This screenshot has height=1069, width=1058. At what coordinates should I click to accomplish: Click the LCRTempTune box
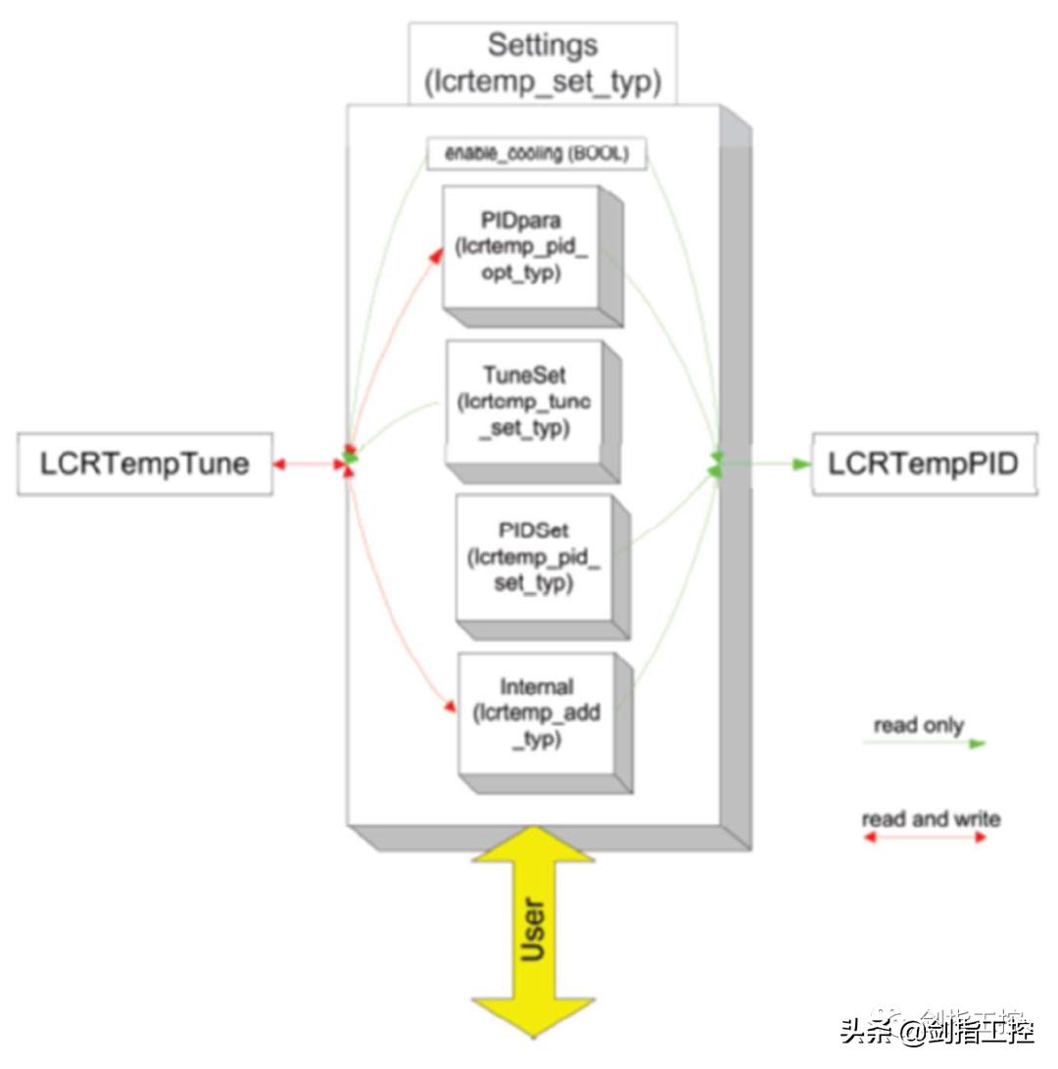(144, 464)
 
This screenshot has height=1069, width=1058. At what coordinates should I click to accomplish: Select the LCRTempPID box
(924, 464)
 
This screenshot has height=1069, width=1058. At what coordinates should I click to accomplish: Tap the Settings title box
(542, 63)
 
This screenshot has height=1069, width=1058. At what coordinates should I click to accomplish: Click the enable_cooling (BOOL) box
(537, 154)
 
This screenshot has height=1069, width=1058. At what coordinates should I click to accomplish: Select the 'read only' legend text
(918, 725)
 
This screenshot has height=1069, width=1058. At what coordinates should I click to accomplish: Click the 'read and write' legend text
(931, 818)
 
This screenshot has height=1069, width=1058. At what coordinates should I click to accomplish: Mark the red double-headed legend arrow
(924, 838)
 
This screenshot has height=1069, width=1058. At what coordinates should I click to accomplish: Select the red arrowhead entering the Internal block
(451, 705)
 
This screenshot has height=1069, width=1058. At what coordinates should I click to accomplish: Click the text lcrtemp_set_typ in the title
(542, 82)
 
